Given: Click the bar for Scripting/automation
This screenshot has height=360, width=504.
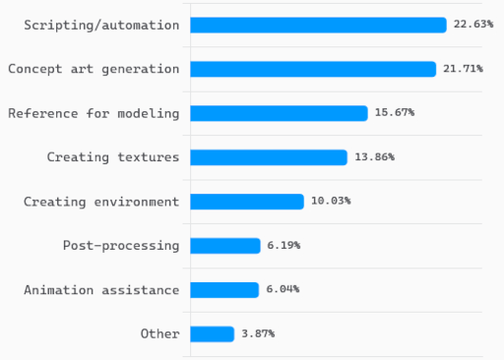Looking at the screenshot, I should click(318, 25).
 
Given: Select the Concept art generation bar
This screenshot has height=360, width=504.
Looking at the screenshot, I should click(312, 69).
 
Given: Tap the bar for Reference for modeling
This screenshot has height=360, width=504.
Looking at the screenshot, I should click(279, 113).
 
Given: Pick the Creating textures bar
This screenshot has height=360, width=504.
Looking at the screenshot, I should click(268, 157).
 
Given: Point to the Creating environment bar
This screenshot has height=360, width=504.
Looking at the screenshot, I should click(246, 202).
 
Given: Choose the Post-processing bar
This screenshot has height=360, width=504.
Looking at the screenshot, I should click(224, 246).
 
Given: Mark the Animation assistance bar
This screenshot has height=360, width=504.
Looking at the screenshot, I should click(223, 289).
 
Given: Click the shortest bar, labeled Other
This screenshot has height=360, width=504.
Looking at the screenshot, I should click(212, 333).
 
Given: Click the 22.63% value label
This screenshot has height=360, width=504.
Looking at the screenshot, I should click(473, 25).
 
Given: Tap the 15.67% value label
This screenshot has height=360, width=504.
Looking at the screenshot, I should click(394, 113).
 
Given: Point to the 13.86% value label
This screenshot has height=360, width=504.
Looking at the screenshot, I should click(374, 157).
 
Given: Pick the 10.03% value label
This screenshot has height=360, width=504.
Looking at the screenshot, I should click(331, 202).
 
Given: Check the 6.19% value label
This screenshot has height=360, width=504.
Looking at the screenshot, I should click(283, 246).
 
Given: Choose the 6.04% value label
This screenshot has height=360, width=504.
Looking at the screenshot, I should click(283, 289).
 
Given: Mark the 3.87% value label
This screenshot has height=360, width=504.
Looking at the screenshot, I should click(258, 333).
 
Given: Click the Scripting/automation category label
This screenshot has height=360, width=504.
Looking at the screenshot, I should click(101, 25).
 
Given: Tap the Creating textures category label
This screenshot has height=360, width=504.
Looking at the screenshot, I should click(113, 157).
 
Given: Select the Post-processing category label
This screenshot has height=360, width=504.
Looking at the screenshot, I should click(121, 246).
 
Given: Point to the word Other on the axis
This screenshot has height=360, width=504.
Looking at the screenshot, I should click(159, 333).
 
